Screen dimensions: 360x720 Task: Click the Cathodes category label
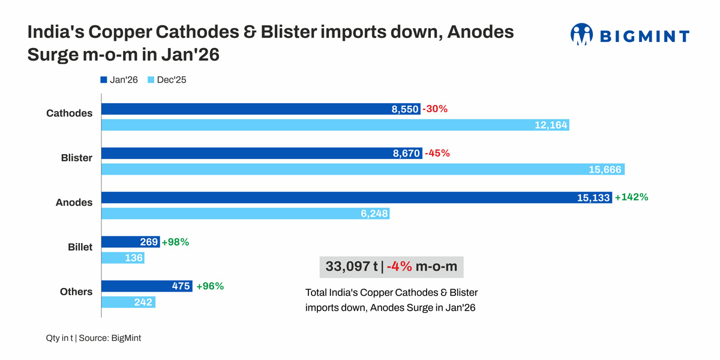pyautogui.click(x=70, y=113)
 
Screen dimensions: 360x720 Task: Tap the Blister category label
pyautogui.click(x=77, y=158)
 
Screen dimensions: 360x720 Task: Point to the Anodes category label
pyautogui.click(x=74, y=203)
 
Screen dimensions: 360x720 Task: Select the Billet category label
pyautogui.click(x=80, y=247)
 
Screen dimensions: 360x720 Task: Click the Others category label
pyautogui.click(x=76, y=292)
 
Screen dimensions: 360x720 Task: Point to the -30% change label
pyautogui.click(x=435, y=109)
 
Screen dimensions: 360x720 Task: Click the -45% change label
pyautogui.click(x=437, y=153)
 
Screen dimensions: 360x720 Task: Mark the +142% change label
pyautogui.click(x=631, y=197)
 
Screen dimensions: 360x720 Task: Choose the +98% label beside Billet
pyautogui.click(x=175, y=242)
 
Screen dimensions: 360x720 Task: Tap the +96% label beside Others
pyautogui.click(x=210, y=286)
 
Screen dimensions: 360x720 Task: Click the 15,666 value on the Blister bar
pyautogui.click(x=605, y=170)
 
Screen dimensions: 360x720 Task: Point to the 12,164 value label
pyautogui.click(x=549, y=125)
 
